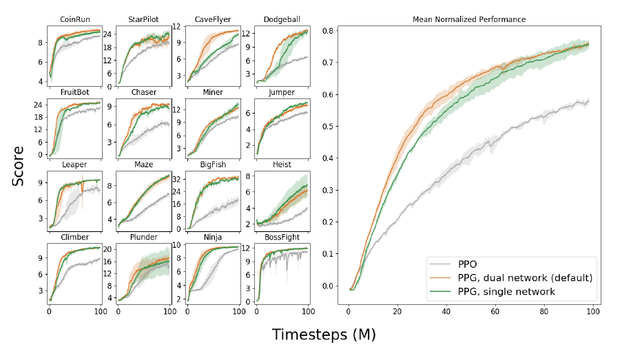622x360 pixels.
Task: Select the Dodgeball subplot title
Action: [282, 19]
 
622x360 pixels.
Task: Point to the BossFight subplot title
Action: [282, 237]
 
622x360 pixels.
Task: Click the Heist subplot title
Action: [282, 165]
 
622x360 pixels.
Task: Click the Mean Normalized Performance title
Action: [468, 19]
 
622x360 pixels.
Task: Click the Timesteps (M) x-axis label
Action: [323, 335]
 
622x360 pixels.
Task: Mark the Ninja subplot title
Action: [212, 237]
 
